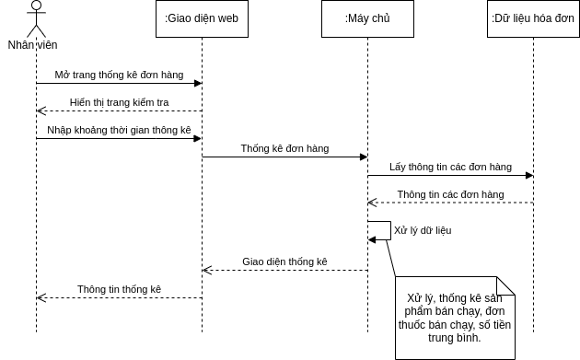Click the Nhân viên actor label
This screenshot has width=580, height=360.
click(33, 44)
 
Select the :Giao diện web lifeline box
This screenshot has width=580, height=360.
click(202, 18)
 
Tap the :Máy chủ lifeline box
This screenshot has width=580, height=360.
click(367, 18)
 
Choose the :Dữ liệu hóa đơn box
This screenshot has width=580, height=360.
click(533, 18)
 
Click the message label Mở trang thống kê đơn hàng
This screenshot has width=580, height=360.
click(119, 75)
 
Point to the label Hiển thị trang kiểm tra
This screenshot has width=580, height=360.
click(119, 102)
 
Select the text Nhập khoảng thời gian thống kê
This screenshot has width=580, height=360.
click(119, 130)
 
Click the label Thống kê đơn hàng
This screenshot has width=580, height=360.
click(284, 148)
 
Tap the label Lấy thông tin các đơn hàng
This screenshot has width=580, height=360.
click(450, 167)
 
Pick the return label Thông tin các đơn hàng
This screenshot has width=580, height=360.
click(450, 194)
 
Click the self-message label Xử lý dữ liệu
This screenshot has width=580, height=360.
click(423, 230)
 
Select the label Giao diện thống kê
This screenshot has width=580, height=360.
click(284, 261)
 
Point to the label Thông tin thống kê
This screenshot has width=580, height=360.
click(119, 289)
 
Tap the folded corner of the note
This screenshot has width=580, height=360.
click(505, 285)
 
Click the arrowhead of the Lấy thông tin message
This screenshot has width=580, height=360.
click(529, 175)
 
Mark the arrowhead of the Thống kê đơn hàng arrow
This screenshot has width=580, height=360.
click(364, 157)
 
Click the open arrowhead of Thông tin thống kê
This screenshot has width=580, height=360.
click(41, 297)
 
